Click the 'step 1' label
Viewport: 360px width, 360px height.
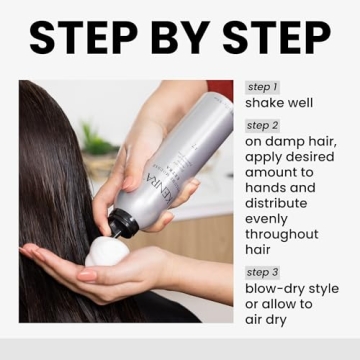(261, 88)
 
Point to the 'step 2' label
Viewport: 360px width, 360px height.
(262, 125)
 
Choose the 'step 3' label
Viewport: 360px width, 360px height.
(262, 272)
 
